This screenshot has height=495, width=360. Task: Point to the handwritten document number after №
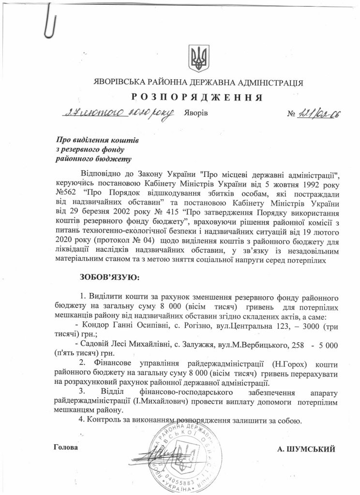click(316, 114)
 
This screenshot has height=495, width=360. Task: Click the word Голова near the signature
click(65, 447)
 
